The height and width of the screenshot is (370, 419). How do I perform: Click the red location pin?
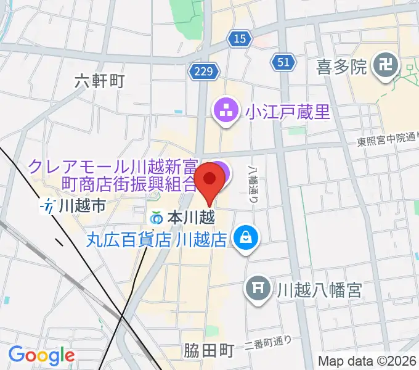(209, 179)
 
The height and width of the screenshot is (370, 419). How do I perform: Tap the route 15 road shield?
(240, 39)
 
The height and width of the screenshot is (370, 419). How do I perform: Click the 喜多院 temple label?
(341, 65)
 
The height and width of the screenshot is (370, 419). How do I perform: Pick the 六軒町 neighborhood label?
(100, 81)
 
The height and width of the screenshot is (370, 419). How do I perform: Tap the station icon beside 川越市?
(48, 206)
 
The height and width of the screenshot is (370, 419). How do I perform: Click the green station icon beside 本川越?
(157, 218)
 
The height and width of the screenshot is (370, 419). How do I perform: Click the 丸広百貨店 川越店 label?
(157, 237)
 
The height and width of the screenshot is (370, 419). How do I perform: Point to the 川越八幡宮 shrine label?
(318, 288)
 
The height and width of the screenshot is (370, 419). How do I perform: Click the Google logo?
(41, 356)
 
